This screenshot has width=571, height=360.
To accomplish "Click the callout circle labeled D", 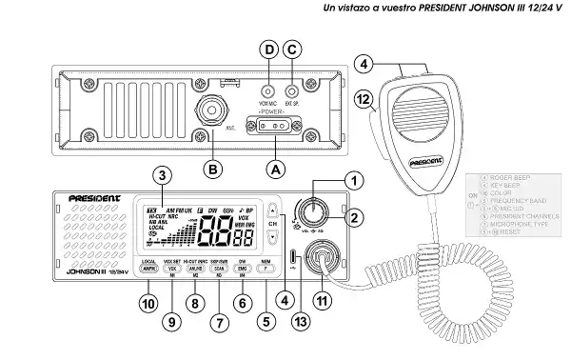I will point(269,49).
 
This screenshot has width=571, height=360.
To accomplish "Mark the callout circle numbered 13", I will point(302,323).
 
